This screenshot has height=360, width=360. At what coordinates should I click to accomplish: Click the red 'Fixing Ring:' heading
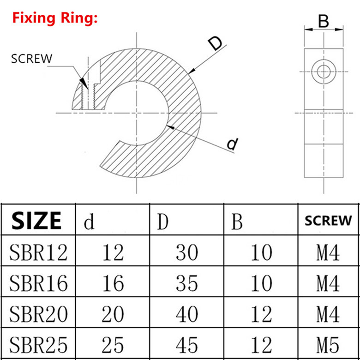point(55,18)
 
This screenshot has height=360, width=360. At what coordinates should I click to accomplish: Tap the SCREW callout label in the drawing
point(32,59)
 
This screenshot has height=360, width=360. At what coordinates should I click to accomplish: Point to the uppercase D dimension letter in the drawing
point(215,44)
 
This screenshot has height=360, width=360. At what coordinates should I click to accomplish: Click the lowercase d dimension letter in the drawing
point(233,144)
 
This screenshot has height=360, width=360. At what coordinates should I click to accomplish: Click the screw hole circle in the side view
point(323,72)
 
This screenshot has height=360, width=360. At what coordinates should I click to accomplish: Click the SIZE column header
point(37,221)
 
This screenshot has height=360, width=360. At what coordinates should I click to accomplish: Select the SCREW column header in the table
point(328,220)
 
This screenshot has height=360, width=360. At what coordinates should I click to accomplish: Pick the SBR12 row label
point(38,252)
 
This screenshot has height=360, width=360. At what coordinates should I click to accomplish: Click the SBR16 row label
point(38,283)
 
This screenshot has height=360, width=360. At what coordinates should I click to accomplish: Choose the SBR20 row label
point(38,314)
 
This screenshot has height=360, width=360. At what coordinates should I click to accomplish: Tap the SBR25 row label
point(38,344)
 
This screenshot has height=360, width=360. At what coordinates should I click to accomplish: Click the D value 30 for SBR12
point(186,252)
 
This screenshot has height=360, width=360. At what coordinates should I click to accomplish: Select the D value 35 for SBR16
point(186,283)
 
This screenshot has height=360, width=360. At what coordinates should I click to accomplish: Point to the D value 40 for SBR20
point(186,314)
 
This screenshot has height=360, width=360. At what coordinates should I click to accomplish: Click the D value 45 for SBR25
point(186,344)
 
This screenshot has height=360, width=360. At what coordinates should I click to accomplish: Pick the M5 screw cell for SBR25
point(328,344)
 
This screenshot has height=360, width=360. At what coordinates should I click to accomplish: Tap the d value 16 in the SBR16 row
point(112,283)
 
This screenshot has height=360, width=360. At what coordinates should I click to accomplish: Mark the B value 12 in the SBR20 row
point(261,314)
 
